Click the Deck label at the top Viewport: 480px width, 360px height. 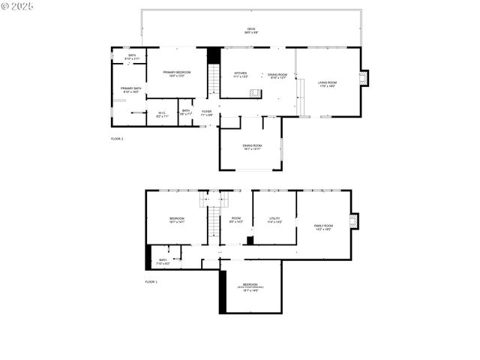tap(250, 31)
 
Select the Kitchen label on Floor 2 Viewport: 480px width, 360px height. tap(240, 75)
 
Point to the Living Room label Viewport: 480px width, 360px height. tap(327, 84)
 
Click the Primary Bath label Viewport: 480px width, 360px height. tap(131, 90)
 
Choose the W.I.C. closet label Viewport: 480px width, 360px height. tap(161, 115)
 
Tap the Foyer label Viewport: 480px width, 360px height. tap(206, 113)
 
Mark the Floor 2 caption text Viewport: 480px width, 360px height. tap(117, 139)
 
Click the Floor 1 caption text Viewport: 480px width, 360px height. tap(151, 281)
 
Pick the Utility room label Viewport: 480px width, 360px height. tap(274, 220)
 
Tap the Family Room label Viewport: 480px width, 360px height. tap(323, 226)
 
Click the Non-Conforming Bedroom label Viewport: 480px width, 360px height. tap(250, 286)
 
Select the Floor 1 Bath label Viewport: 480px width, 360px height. tap(163, 262)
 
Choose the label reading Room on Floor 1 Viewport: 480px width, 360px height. tap(235, 220)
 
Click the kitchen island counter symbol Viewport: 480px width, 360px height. tap(255, 94)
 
